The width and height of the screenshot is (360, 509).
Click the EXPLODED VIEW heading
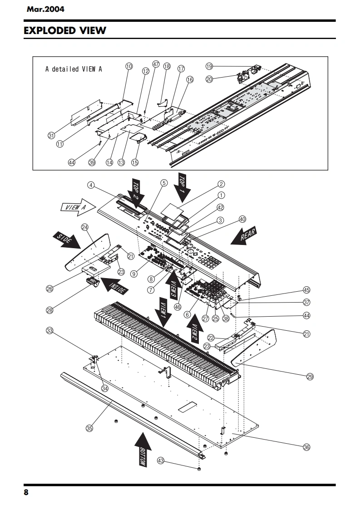coord(65,31)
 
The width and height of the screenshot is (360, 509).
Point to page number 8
coord(26,493)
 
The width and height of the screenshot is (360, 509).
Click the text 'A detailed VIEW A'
coord(74,69)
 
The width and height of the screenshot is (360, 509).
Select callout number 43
coord(161,460)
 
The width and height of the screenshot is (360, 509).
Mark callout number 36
coord(307,447)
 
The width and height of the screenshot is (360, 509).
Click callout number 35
coord(89,427)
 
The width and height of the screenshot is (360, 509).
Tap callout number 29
coord(310,376)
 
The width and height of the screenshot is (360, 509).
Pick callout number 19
coord(209,66)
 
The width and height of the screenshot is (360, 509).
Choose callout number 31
coord(51,135)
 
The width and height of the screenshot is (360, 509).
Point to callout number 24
coord(85,227)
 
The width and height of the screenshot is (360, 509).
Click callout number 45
coord(306,290)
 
